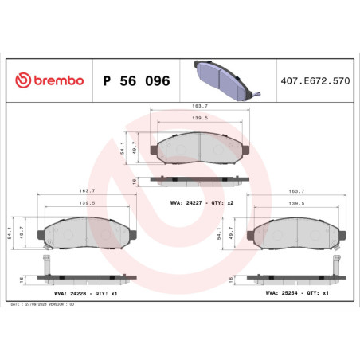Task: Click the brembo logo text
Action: click(55, 81)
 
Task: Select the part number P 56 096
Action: click(136, 81)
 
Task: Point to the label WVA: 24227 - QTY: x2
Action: click(202, 204)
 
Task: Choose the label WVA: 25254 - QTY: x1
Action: click(295, 294)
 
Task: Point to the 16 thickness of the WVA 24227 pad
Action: click(136, 181)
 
